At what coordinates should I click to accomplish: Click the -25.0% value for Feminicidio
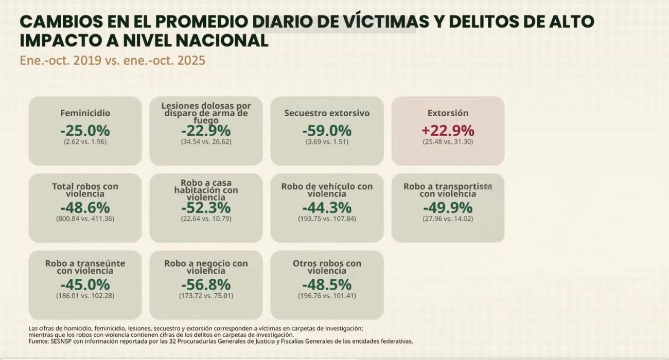pyautogui.click(x=85, y=131)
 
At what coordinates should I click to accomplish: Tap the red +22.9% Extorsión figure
pyautogui.click(x=448, y=131)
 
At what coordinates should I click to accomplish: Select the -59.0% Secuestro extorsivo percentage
pyautogui.click(x=327, y=131)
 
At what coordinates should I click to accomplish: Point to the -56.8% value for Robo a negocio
pyautogui.click(x=206, y=284)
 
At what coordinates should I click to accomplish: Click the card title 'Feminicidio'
pyautogui.click(x=85, y=113)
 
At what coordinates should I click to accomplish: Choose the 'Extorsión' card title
pyautogui.click(x=448, y=113)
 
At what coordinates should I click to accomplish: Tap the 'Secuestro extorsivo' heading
pyautogui.click(x=327, y=113)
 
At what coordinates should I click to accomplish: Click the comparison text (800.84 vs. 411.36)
pyautogui.click(x=85, y=219)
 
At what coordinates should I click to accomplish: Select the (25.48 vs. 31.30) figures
pyautogui.click(x=448, y=141)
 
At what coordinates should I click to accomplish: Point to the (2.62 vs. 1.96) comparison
pyautogui.click(x=85, y=141)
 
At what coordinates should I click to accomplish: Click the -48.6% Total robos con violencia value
pyautogui.click(x=85, y=208)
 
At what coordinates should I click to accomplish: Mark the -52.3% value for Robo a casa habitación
pyautogui.click(x=206, y=208)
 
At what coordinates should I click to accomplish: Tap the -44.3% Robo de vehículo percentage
pyautogui.click(x=327, y=208)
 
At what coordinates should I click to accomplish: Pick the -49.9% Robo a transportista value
pyautogui.click(x=448, y=208)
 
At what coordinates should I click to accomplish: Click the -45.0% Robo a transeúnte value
pyautogui.click(x=85, y=284)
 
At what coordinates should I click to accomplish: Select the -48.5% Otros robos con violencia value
pyautogui.click(x=327, y=284)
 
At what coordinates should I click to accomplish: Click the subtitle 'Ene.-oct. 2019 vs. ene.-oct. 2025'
pyautogui.click(x=112, y=60)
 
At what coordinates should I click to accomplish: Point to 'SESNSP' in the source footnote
pyautogui.click(x=62, y=341)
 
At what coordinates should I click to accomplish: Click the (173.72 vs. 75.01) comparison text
pyautogui.click(x=206, y=296)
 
